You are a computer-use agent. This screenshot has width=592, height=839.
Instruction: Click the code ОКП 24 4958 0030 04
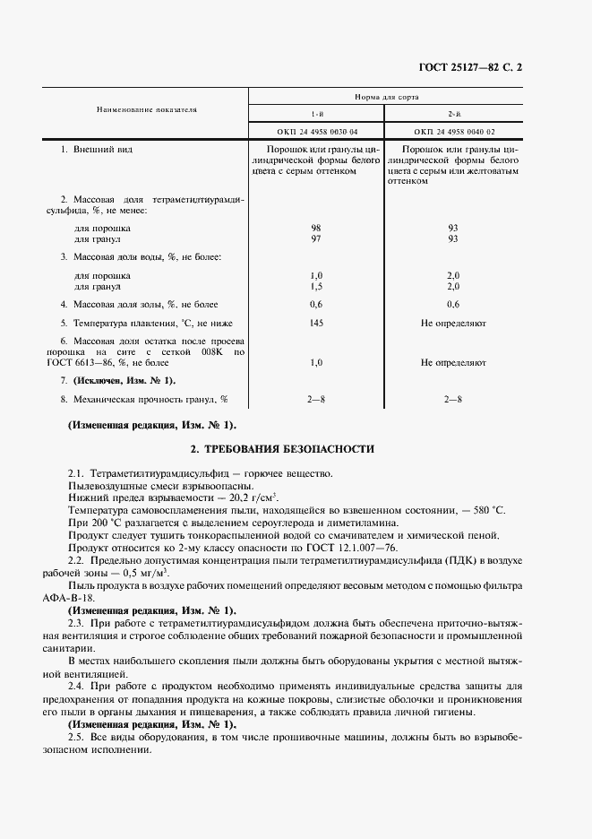click(316, 131)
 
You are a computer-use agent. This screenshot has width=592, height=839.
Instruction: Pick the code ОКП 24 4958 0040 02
click(452, 131)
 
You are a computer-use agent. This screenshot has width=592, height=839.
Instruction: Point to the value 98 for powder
click(315, 229)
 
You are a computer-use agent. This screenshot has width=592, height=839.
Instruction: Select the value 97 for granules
click(315, 239)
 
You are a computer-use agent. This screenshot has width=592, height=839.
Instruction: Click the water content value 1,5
click(315, 286)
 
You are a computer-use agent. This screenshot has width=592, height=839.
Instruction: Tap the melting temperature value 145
click(315, 323)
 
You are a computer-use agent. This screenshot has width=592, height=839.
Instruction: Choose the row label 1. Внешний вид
click(96, 149)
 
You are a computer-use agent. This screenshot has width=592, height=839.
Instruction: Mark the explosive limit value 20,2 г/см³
click(250, 497)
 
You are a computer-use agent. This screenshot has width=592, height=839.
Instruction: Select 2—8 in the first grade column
click(315, 399)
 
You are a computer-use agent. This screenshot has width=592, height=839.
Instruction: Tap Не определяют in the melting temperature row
click(452, 323)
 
